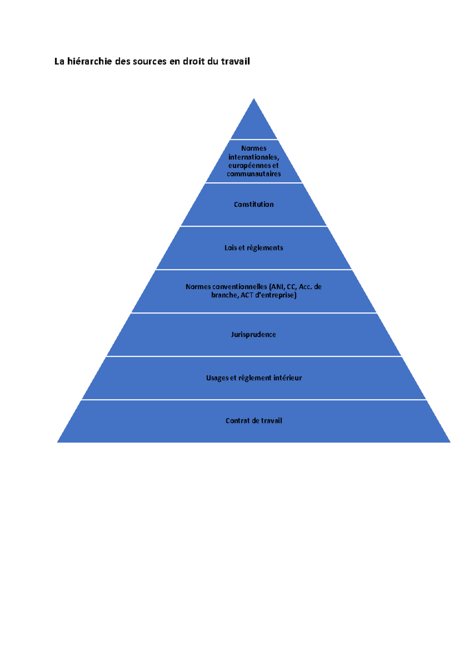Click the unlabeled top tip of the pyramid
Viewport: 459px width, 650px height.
click(x=254, y=99)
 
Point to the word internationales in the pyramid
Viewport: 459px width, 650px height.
click(x=254, y=157)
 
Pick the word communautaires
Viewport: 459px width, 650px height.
click(x=254, y=174)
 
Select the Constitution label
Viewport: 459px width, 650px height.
click(x=254, y=204)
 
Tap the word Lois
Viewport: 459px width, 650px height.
click(x=231, y=248)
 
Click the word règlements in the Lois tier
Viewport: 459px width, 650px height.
click(x=265, y=248)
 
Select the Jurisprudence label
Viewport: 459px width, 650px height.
click(x=254, y=335)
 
